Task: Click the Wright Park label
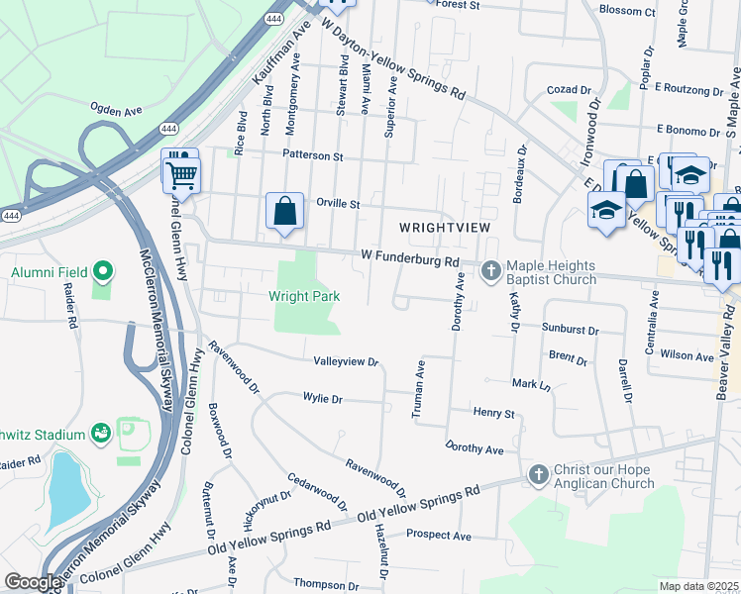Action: [304, 296]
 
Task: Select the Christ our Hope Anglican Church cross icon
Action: [538, 475]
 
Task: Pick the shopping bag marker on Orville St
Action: [285, 211]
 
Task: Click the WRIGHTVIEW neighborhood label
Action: [445, 228]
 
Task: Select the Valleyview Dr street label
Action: [346, 362]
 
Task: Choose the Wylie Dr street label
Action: [322, 399]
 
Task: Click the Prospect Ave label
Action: [437, 536]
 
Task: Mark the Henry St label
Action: [494, 412]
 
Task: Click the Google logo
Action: [32, 583]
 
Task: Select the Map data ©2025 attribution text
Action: [699, 586]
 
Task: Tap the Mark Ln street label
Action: [530, 383]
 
